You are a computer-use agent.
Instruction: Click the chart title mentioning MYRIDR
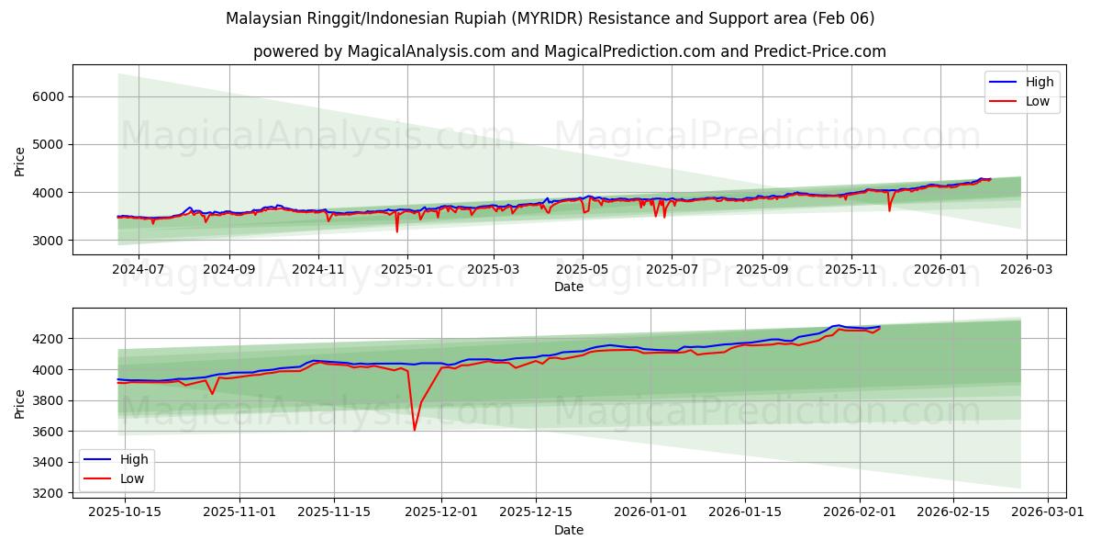(550, 18)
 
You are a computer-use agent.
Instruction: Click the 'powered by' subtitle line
(569, 51)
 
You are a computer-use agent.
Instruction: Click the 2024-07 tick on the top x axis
(139, 269)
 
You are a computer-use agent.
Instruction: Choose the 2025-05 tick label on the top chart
(583, 269)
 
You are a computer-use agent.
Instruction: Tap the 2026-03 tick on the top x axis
(1026, 269)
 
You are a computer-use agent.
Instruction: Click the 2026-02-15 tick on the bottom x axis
(951, 511)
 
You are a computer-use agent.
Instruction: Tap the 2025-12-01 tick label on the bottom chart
(441, 511)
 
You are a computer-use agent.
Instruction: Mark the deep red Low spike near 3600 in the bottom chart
(414, 429)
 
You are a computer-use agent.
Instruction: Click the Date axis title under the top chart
(569, 287)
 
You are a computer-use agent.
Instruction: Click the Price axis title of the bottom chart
(20, 403)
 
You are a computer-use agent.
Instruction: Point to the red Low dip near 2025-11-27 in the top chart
(889, 210)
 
